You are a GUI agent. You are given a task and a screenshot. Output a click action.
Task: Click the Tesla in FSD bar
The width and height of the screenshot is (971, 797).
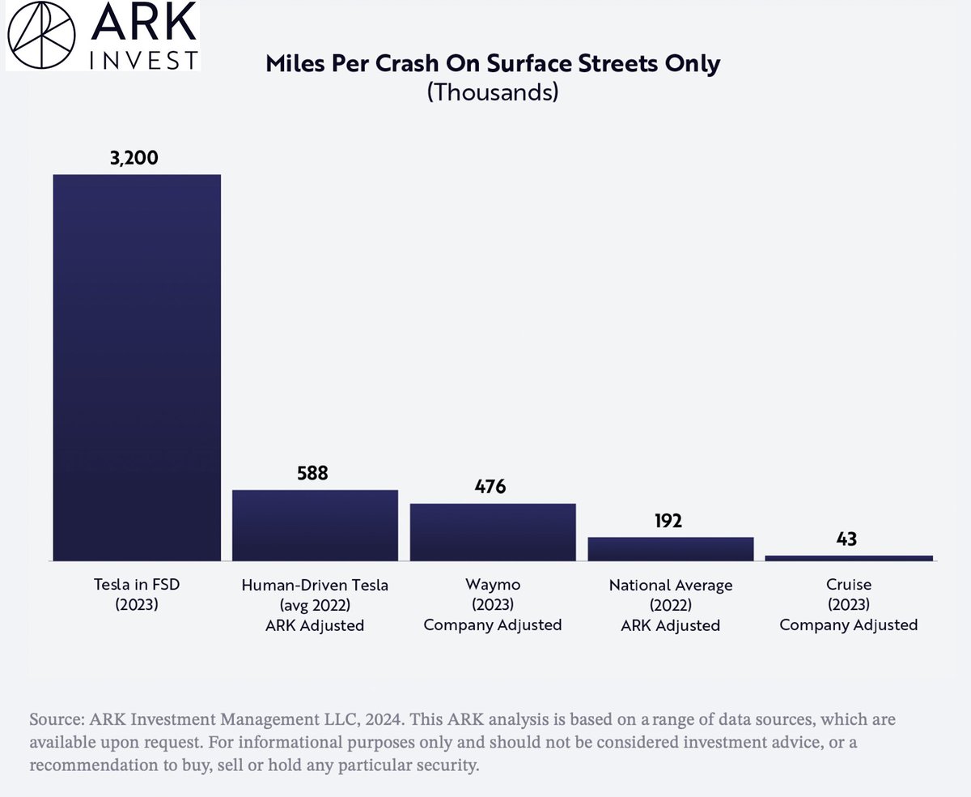point(137,367)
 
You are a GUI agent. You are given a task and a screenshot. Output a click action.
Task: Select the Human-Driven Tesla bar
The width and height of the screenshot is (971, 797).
point(315,525)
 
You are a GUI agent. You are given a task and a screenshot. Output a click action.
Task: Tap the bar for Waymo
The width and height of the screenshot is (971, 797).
point(493,531)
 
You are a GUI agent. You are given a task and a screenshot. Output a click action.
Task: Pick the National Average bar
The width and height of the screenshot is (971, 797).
point(670,548)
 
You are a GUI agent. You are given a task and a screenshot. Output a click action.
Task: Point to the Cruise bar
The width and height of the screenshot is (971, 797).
point(848,558)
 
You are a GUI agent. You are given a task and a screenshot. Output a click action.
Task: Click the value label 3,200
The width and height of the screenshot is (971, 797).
point(134,157)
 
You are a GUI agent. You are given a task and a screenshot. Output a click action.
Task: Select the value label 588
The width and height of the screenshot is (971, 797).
point(312,473)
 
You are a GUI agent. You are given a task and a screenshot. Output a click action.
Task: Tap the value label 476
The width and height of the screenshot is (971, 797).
point(490,487)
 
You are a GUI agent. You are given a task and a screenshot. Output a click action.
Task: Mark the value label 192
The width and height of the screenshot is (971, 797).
point(668,520)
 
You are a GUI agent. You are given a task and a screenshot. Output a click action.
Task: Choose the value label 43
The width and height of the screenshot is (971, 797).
point(846,539)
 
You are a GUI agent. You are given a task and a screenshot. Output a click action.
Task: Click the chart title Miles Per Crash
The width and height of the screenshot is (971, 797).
point(493,63)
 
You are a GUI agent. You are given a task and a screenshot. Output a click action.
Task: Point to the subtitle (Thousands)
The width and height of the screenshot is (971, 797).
point(493,92)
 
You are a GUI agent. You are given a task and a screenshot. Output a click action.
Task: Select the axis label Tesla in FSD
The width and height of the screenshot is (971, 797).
point(136,585)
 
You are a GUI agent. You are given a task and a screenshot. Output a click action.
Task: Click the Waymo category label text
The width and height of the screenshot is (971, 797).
point(492,585)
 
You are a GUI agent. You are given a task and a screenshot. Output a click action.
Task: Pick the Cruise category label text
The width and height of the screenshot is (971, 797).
point(848,585)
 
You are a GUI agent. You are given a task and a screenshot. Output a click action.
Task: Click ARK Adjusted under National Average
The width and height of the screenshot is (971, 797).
point(670,624)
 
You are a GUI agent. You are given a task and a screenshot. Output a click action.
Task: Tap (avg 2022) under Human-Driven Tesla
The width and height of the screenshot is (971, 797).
point(315,605)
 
